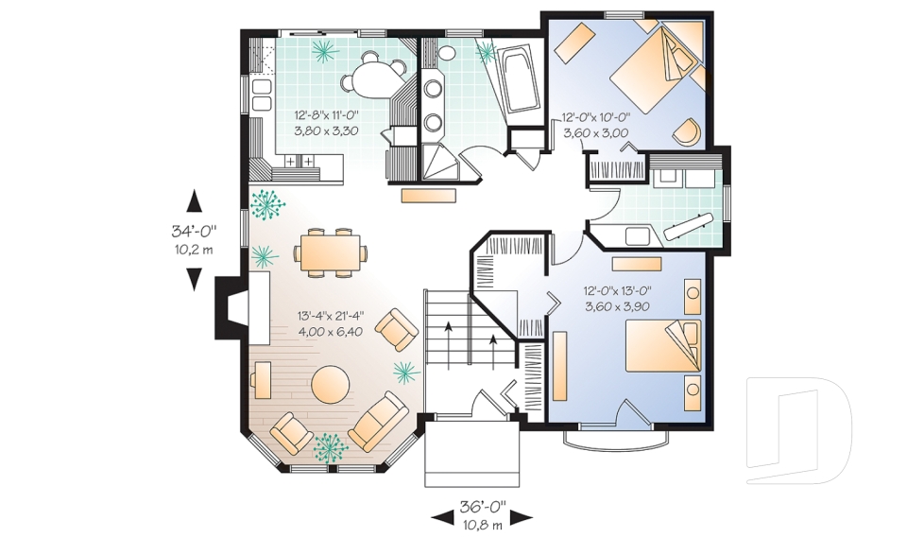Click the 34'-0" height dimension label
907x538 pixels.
(x=194, y=232)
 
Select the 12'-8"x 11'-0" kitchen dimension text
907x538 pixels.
(x=326, y=114)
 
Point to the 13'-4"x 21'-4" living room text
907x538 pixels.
(x=331, y=316)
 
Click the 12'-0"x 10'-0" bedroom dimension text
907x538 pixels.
(x=596, y=117)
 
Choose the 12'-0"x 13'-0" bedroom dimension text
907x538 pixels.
(x=617, y=291)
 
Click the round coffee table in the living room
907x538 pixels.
(x=331, y=383)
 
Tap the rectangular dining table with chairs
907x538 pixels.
(x=331, y=252)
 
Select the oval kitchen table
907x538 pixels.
(x=371, y=79)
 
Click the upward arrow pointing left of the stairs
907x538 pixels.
(x=448, y=343)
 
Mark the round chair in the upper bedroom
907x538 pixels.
(x=687, y=131)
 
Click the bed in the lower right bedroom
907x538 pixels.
(x=663, y=346)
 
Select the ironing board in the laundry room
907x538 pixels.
(x=689, y=226)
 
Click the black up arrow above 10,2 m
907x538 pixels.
(x=195, y=202)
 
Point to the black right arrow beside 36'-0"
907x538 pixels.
(x=521, y=518)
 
